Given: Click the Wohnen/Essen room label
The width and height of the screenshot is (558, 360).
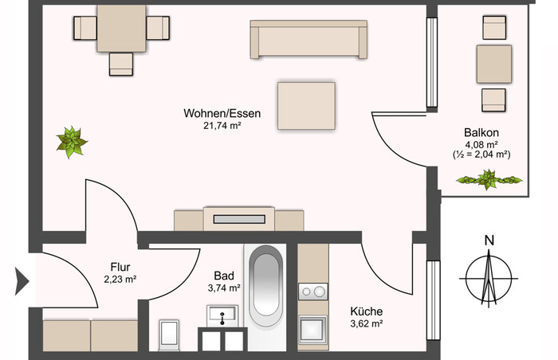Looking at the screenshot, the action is point(222,113).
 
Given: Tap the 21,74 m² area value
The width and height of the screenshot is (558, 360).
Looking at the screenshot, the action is point(222,125).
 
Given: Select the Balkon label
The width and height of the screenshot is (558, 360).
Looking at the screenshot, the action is point(481,133).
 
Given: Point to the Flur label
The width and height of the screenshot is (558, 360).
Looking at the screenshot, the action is point(120,267).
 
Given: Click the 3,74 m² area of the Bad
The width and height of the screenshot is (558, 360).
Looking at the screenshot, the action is point(224,288).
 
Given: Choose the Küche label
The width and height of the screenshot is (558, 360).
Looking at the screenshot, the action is point(367,311).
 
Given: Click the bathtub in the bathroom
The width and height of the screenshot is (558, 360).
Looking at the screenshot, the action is point(265,286).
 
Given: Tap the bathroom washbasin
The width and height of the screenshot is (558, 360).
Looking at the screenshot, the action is point(222,315).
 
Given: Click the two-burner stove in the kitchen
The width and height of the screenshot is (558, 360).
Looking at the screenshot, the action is point(312,292).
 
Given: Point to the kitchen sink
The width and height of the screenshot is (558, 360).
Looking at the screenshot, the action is point(312,330).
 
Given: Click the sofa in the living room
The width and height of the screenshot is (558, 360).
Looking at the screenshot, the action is point(308,39).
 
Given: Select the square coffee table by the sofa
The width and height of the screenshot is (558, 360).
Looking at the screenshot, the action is point(306,106).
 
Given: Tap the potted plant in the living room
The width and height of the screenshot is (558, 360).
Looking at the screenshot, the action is point(72,142).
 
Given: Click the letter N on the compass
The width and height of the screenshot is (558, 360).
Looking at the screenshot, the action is point(489,241).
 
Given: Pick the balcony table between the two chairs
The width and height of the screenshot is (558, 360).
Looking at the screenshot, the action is point(494,64).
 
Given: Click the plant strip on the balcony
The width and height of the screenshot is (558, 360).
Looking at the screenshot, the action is point(489,180).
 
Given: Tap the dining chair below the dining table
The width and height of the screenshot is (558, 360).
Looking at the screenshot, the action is point(121,64).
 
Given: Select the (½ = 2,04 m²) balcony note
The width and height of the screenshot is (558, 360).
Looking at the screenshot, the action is point(481,155).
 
